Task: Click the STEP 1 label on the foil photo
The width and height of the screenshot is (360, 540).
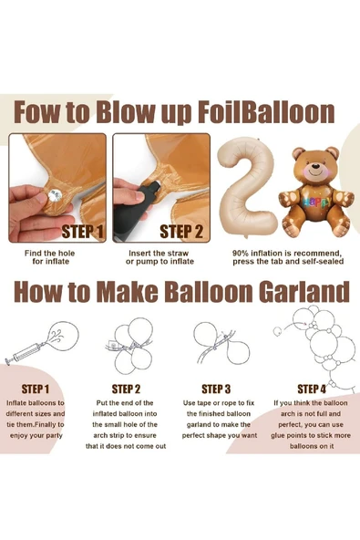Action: point(83,232)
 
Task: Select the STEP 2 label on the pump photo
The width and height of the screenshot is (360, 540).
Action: point(181,232)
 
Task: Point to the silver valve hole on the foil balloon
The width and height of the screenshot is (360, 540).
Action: point(54,196)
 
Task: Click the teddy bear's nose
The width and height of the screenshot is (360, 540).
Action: point(314,165)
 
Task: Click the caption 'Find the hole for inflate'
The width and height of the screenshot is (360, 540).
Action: point(50,257)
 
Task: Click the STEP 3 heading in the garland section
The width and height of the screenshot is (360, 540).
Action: point(216,389)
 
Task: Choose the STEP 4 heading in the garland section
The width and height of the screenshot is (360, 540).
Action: point(312,389)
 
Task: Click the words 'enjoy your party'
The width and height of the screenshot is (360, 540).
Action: point(36,436)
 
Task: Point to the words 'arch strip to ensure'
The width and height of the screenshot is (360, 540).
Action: point(125,435)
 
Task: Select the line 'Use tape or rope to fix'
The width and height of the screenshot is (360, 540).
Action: point(219,403)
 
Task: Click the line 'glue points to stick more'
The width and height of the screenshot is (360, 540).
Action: point(311,435)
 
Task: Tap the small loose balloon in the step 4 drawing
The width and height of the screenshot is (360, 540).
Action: point(277,331)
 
